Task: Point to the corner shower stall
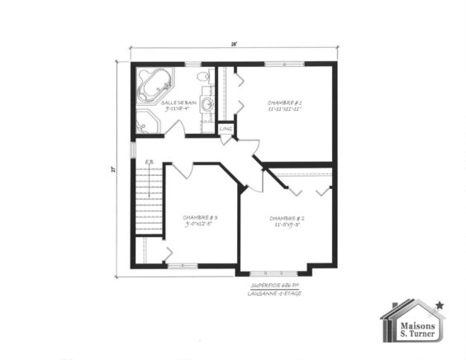[148, 122]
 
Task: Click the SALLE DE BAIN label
[178, 102]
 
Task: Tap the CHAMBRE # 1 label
[283, 103]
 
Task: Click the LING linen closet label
[225, 128]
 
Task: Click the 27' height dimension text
[114, 170]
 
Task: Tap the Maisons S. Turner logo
[411, 322]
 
